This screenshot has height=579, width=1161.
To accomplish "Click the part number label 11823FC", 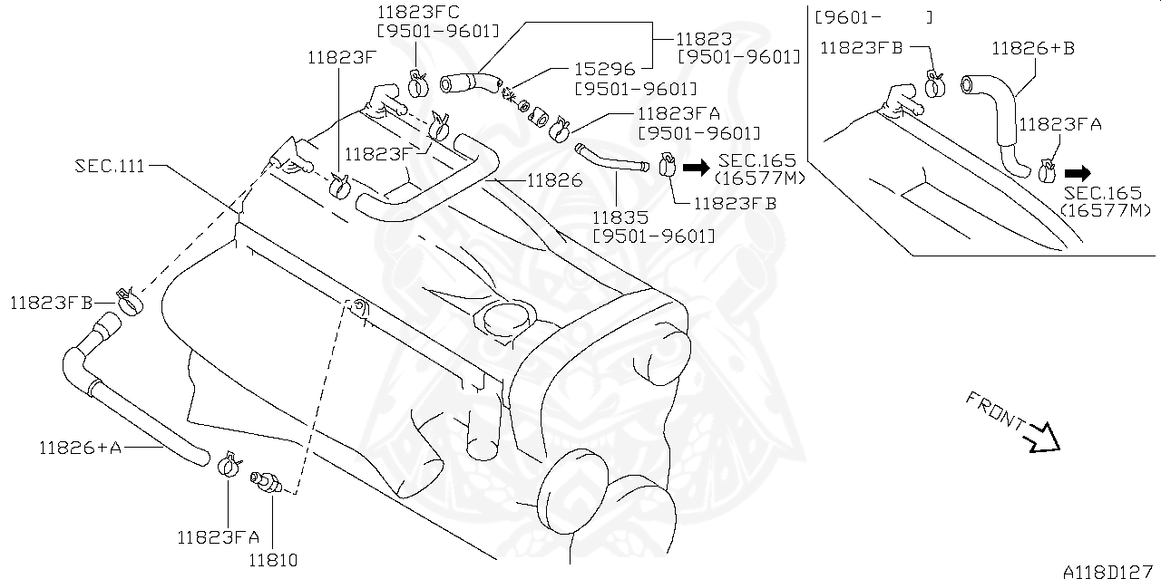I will (x=418, y=12).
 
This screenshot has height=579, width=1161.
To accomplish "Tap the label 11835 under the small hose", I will (x=620, y=217).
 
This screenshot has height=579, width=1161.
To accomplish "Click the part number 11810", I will (x=272, y=560).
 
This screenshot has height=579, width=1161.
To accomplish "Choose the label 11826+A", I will (x=80, y=447).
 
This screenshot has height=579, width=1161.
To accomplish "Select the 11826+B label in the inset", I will (x=1032, y=48).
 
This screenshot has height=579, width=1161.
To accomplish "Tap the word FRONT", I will (x=995, y=410).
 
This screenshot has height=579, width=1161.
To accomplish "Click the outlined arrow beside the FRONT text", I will (x=1043, y=438).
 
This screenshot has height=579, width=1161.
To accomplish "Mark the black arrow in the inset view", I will (x=1078, y=172).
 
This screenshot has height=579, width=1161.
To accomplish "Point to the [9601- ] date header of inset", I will (x=873, y=17).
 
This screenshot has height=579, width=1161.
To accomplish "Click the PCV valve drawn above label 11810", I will (x=270, y=481).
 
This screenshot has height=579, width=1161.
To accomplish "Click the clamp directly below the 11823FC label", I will (x=418, y=83).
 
